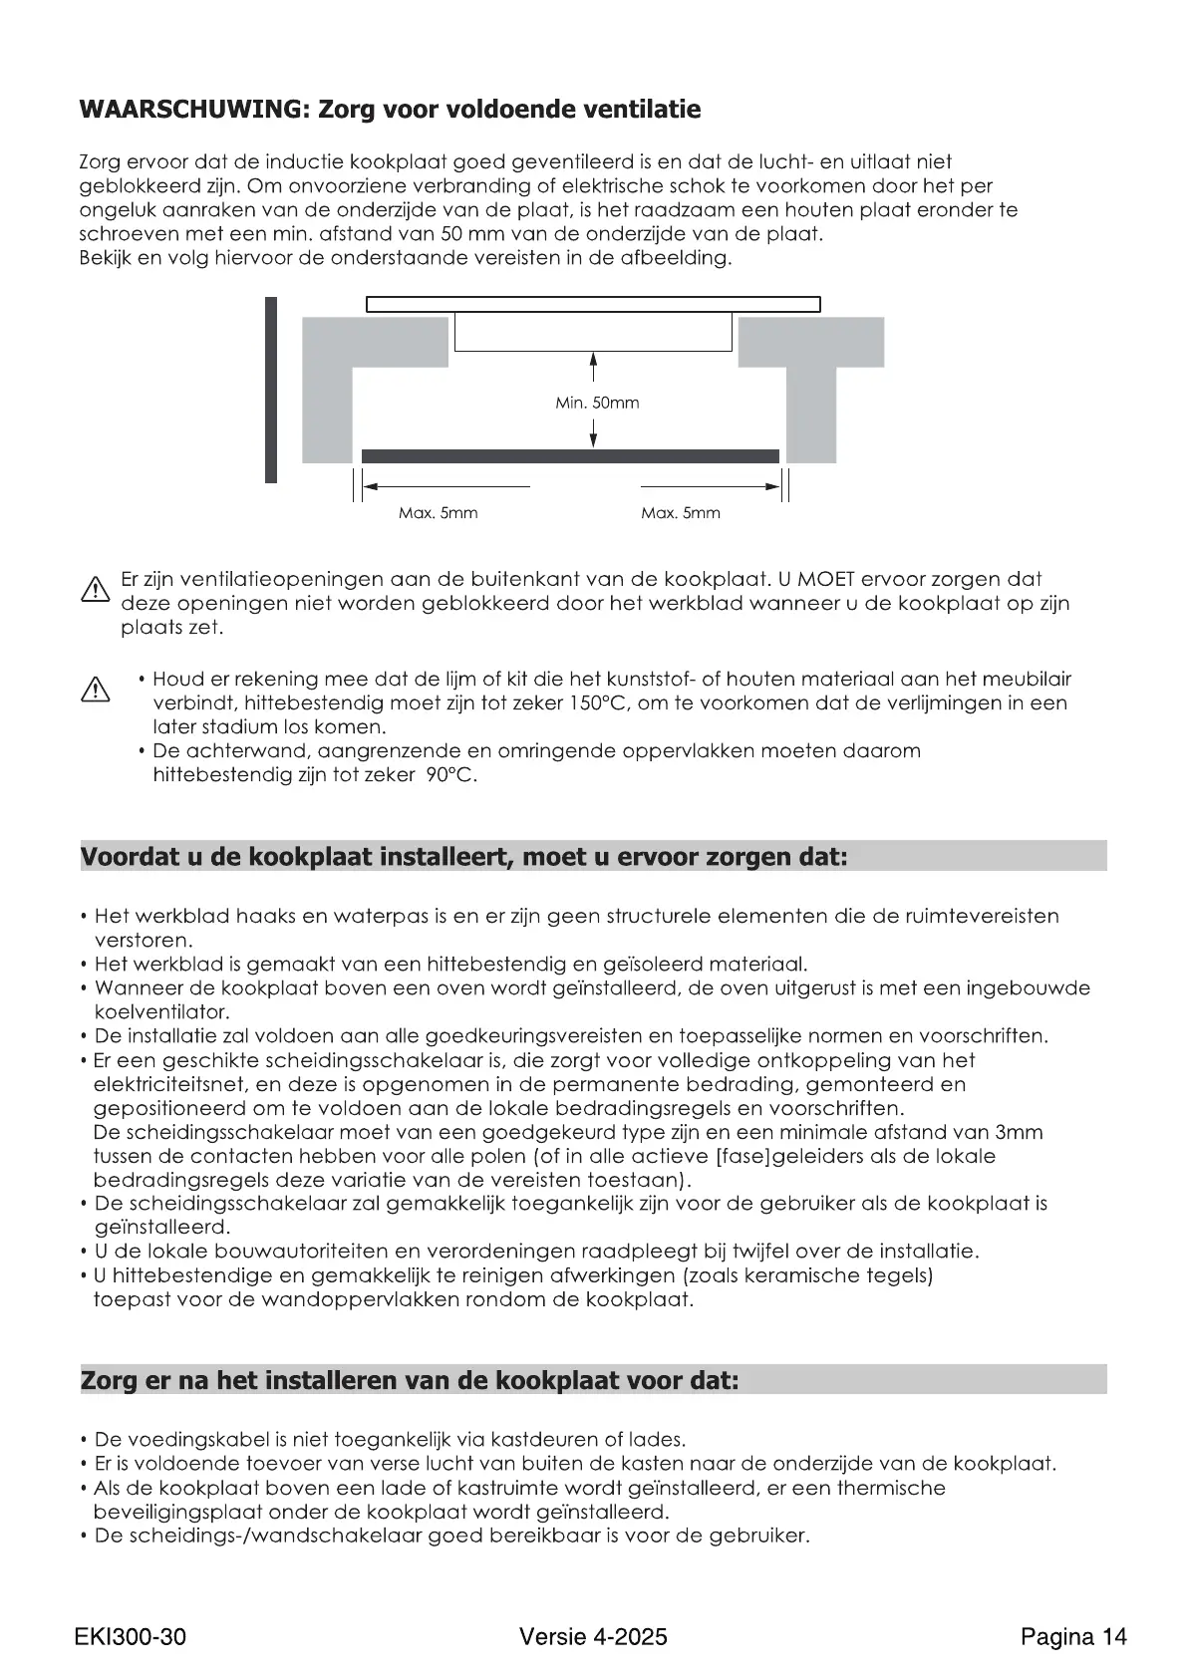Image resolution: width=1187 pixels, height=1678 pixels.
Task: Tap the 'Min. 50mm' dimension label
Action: pos(597,404)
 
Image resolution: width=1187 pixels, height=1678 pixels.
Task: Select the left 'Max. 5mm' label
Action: pos(438,513)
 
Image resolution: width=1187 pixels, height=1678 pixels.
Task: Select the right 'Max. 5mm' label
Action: pos(680,513)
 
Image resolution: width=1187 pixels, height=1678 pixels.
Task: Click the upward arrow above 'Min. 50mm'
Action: pos(594,367)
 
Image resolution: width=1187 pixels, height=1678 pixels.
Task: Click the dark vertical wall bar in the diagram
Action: pos(271,390)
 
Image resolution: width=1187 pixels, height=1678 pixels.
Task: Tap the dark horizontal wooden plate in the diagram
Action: pos(570,456)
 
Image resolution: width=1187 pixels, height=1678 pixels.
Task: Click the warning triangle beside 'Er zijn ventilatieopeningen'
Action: pos(95,592)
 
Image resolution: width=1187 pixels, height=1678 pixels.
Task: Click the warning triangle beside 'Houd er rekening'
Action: pos(95,690)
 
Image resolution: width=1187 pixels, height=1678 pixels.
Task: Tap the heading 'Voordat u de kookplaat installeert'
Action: pos(463,857)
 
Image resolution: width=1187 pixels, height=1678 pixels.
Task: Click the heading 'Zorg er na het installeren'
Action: pos(410,1381)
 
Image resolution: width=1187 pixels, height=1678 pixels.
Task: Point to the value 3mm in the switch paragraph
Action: pos(1018,1133)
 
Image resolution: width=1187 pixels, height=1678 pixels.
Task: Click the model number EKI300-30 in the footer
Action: pos(130,1636)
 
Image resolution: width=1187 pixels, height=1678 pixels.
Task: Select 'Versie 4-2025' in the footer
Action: pos(593,1636)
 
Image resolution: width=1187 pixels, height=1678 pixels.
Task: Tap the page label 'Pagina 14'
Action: pos(1073,1636)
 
